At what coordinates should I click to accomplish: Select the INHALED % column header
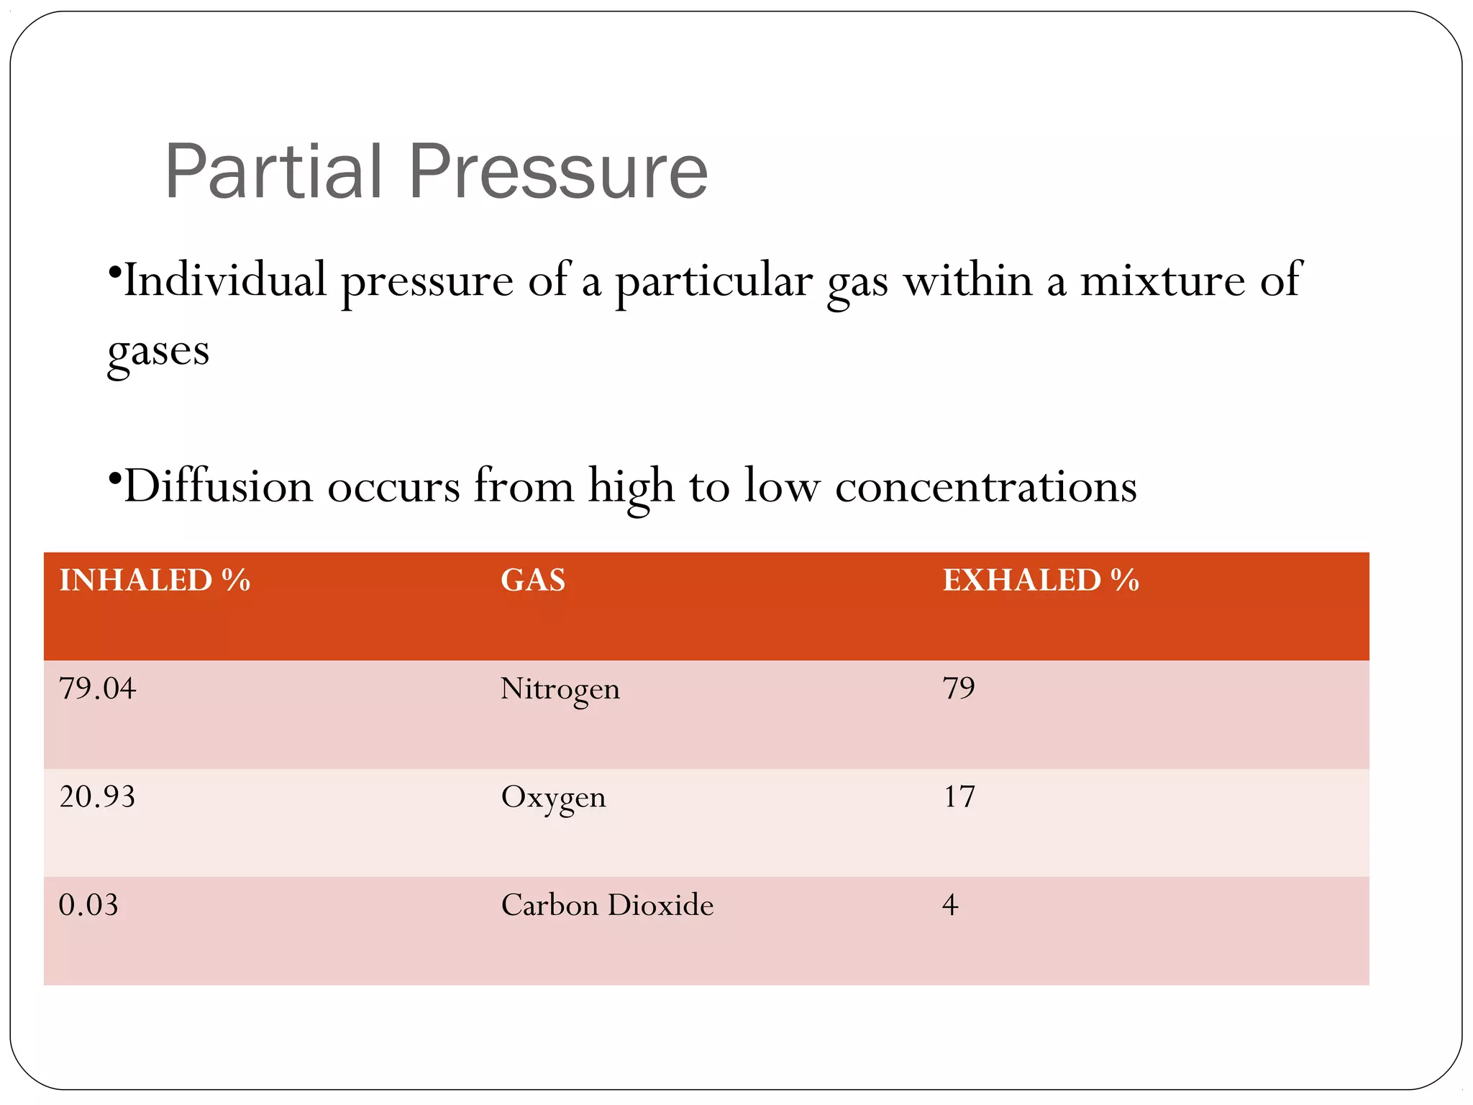155,580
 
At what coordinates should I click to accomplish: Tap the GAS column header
533,580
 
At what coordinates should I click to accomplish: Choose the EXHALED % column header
1041,580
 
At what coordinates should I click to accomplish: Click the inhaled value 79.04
97,688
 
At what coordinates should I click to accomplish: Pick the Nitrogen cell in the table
560,689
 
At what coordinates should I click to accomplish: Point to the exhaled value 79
959,688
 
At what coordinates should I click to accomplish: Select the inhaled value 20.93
97,796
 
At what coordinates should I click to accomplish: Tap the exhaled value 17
959,796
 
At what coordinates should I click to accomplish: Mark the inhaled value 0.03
88,904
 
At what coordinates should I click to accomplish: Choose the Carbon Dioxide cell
607,905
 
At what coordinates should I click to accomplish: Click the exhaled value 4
950,904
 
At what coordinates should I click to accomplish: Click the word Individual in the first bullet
225,280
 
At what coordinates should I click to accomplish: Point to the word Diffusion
219,486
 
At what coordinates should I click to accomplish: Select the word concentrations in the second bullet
985,486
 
